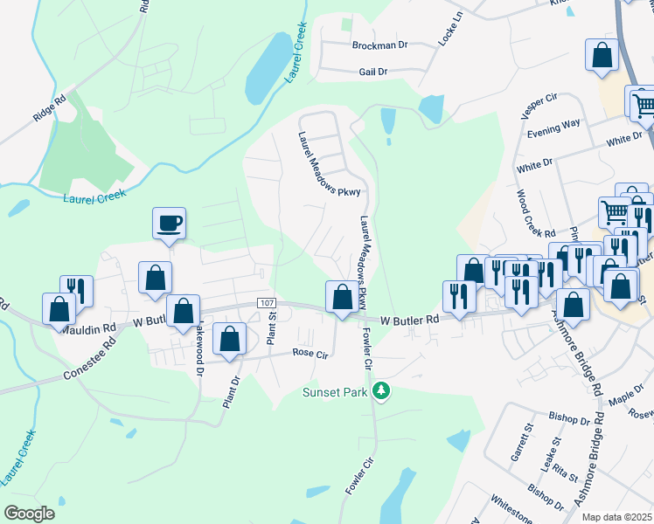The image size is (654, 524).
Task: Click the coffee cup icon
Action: tap(169, 224)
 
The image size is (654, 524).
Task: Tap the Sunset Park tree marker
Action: tap(380, 390)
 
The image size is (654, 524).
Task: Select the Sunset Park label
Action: tap(335, 392)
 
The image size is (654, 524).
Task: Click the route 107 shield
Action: tap(268, 302)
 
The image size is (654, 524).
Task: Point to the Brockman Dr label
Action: tap(380, 45)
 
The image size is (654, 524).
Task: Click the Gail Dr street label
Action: tap(372, 72)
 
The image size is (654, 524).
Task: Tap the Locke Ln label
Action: tap(449, 36)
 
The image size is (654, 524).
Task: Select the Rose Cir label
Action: tap(310, 354)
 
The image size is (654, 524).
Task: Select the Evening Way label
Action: tap(554, 131)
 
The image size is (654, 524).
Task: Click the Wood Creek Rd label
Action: tap(536, 214)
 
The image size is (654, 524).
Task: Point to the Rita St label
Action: tap(561, 475)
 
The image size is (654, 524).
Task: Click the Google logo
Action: tap(30, 514)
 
